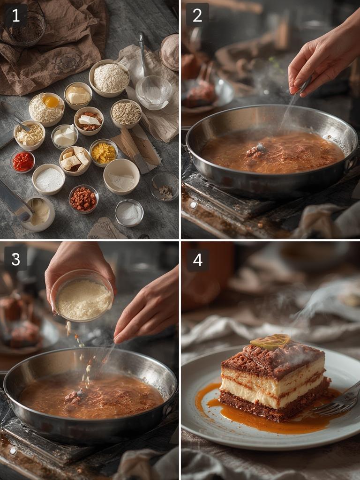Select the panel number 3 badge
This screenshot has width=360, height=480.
[15, 258]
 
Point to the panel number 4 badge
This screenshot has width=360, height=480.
[197, 258]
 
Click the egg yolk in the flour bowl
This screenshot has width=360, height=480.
[51, 101]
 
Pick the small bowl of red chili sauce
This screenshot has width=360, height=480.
[22, 161]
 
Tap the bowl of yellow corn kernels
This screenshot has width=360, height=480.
[103, 153]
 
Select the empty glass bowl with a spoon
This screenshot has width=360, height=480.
[153, 92]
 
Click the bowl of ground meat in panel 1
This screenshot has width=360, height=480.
[83, 199]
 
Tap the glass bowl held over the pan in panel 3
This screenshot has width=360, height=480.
[82, 295]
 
